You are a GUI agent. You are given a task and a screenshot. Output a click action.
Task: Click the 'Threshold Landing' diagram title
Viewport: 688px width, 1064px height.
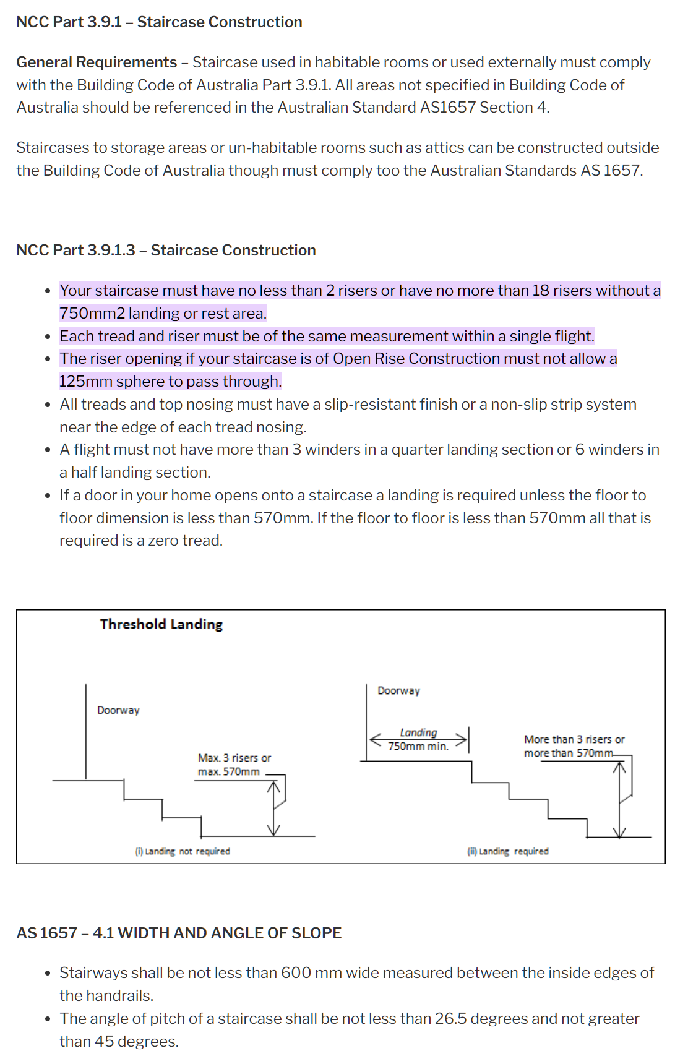161,624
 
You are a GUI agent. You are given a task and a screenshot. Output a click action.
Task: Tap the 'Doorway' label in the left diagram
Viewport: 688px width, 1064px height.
118,710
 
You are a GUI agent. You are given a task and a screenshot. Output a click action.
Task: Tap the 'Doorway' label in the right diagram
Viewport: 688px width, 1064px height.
398,690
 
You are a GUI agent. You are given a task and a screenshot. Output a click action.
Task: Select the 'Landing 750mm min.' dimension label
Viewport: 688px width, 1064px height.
418,739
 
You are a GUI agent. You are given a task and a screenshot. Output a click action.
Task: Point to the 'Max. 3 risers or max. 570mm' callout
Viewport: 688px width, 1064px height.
234,765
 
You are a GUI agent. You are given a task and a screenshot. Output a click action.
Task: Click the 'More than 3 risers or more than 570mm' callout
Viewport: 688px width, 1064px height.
574,746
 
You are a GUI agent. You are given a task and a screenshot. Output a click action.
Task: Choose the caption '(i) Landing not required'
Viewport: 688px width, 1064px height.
183,851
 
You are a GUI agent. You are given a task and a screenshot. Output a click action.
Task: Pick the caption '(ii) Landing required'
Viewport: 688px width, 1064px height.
508,851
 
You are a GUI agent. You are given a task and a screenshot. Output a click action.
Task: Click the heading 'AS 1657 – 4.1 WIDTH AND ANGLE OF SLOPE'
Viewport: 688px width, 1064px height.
179,933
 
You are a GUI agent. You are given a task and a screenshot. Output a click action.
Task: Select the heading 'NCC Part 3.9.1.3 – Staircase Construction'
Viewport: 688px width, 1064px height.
166,250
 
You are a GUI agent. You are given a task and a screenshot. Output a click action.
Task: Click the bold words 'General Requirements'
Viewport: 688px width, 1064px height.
97,62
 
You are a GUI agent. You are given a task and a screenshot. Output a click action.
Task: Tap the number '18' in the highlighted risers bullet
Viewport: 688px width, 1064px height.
541,291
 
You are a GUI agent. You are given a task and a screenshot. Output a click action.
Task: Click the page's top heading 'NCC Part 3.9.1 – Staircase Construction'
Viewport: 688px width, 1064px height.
159,22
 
